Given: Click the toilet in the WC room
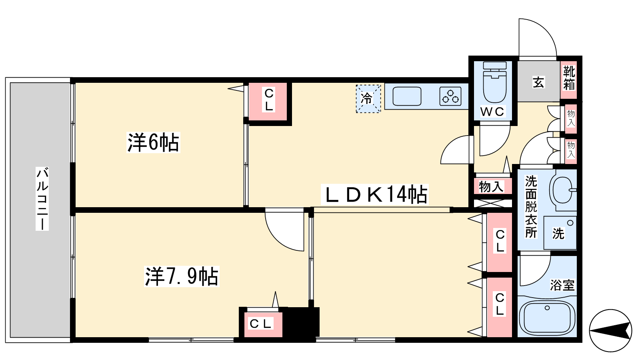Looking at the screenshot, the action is click(494, 82).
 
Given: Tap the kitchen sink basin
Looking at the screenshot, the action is click(407, 96).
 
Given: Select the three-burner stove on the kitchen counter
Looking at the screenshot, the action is click(450, 96).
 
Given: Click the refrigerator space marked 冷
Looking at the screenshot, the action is click(368, 98).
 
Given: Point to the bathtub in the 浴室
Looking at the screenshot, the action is click(547, 318).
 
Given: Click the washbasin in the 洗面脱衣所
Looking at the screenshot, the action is click(564, 190).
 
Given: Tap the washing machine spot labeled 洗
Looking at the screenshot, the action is click(560, 233).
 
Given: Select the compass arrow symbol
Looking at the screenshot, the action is click(610, 331).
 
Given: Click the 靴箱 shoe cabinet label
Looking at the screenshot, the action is click(568, 78).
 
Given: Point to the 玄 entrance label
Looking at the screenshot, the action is click(538, 82).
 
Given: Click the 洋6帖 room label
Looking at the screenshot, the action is click(153, 142).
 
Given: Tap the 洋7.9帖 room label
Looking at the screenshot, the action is click(182, 276).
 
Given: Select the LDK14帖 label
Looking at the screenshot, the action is click(374, 194).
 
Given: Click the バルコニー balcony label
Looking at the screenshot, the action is click(42, 198).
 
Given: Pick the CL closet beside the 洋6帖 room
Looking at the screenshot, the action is click(268, 102).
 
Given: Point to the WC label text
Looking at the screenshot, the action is click(492, 112).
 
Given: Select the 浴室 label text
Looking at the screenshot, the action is click(562, 285).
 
